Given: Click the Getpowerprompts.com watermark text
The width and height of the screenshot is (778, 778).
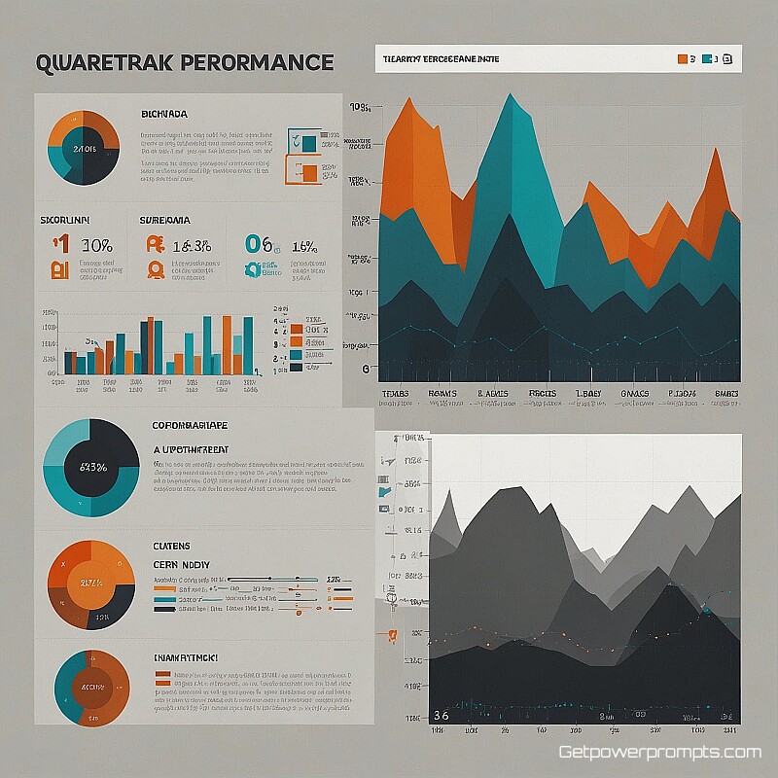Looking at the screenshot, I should point(659,753).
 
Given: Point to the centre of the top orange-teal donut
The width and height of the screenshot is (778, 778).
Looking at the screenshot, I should point(83,148).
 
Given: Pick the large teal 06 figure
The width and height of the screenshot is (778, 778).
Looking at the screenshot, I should point(260,245).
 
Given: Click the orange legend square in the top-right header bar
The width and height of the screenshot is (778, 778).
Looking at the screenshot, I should point(682,59).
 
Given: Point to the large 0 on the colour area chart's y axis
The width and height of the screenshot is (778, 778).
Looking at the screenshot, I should point(366,369).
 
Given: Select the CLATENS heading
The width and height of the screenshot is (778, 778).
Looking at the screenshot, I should point(173,546).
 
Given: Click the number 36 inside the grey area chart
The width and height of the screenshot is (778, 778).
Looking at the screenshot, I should point(441,717).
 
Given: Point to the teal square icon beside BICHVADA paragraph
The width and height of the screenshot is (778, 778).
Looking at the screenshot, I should point(308,143).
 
